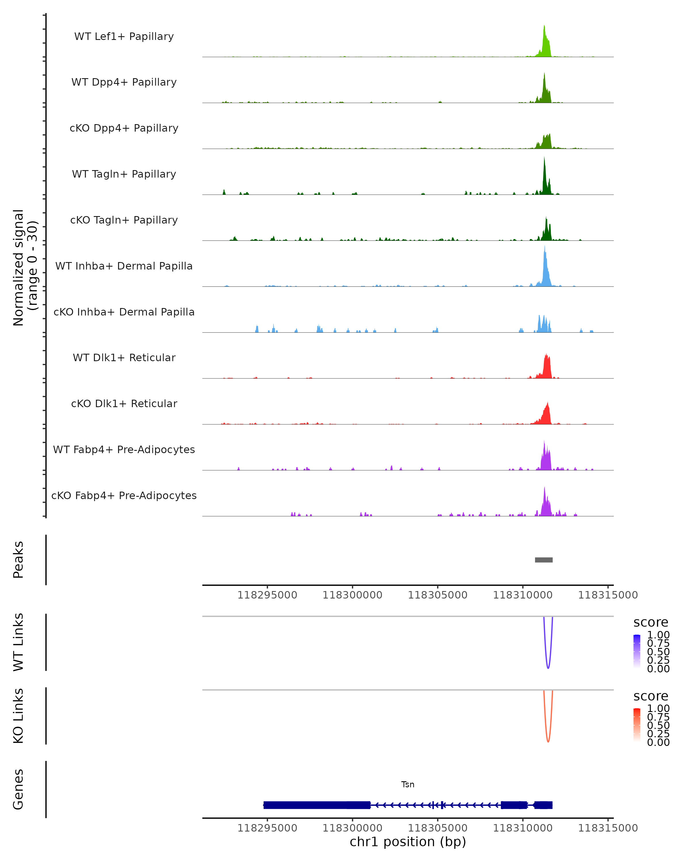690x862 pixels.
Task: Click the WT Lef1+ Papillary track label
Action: (x=124, y=36)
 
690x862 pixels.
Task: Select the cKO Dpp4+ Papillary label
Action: (x=124, y=128)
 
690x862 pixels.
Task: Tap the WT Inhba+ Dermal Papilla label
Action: (x=124, y=266)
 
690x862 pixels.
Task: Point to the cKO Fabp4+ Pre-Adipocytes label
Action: (x=124, y=495)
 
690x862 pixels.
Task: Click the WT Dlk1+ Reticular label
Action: (x=124, y=357)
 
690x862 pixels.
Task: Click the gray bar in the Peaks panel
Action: (x=544, y=560)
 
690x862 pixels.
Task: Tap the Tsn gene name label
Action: (x=408, y=784)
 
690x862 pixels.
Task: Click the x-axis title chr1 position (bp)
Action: (x=408, y=842)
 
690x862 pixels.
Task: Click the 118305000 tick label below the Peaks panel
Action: (x=437, y=595)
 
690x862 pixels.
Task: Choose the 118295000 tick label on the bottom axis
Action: (x=267, y=828)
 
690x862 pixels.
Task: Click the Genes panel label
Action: (x=18, y=789)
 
